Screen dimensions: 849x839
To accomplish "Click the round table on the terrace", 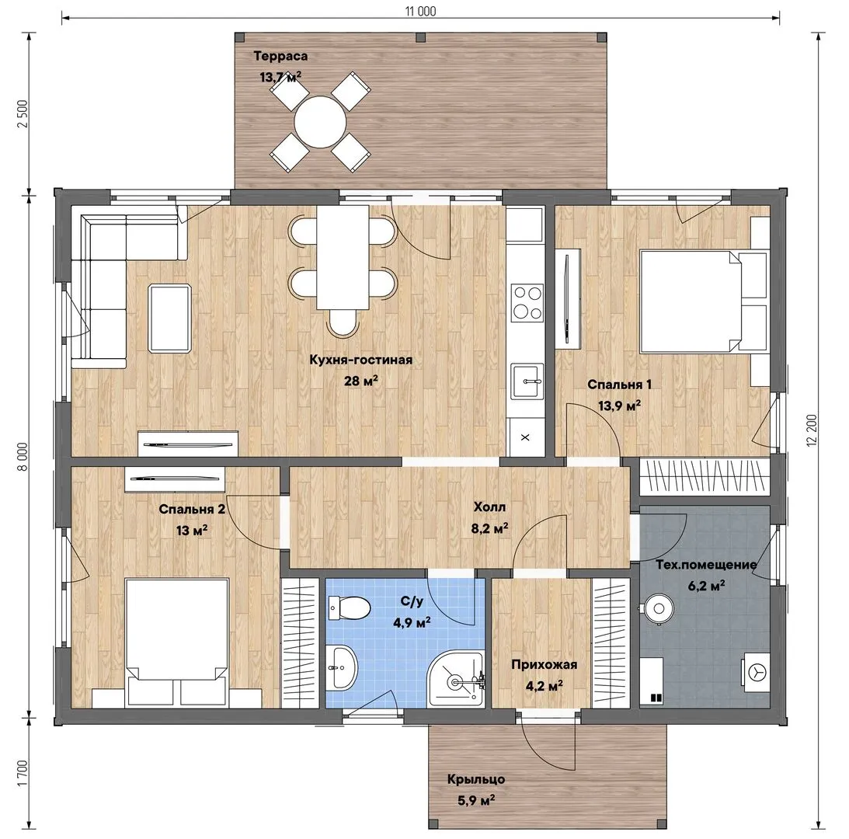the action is pyautogui.click(x=320, y=122).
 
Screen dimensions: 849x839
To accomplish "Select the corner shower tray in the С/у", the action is pyautogui.click(x=457, y=679).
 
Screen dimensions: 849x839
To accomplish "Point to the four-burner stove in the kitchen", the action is pyautogui.click(x=527, y=302).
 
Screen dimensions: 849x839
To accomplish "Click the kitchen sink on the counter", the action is pyautogui.click(x=527, y=381).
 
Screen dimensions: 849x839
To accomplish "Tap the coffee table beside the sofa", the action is pyautogui.click(x=169, y=319).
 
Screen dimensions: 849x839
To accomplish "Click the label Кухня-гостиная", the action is pyautogui.click(x=360, y=360).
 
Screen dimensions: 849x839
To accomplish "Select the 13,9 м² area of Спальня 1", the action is pyautogui.click(x=619, y=406).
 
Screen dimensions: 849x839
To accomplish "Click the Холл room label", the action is pyautogui.click(x=489, y=507).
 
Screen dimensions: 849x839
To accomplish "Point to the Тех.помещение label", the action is pyautogui.click(x=706, y=565).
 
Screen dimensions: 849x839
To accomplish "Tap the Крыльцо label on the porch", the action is pyautogui.click(x=476, y=779).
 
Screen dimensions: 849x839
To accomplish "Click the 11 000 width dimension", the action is pyautogui.click(x=421, y=11).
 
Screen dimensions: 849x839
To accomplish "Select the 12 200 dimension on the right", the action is pyautogui.click(x=812, y=430).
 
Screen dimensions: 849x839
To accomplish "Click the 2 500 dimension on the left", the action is pyautogui.click(x=23, y=113).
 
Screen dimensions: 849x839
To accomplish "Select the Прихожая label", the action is pyautogui.click(x=545, y=664).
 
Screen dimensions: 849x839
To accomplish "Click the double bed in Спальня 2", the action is pyautogui.click(x=176, y=642).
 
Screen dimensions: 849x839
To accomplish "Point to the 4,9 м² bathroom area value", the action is pyautogui.click(x=412, y=622).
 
